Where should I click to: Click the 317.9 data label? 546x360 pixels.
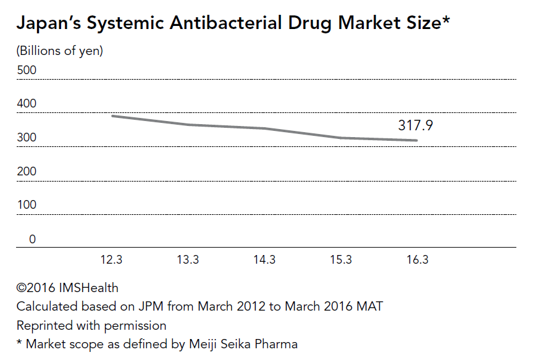click(x=415, y=126)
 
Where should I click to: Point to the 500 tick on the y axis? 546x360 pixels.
click(x=27, y=70)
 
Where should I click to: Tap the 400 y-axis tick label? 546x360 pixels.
click(x=27, y=104)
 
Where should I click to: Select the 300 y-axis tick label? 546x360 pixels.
click(x=27, y=138)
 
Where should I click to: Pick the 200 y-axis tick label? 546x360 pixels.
click(x=27, y=172)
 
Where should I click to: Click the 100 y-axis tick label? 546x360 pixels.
click(x=27, y=205)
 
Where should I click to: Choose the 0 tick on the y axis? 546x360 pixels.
click(x=32, y=240)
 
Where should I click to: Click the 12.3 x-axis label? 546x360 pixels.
click(x=111, y=260)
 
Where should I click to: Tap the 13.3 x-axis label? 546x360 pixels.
click(x=188, y=260)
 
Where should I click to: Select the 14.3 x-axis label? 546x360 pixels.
click(x=264, y=260)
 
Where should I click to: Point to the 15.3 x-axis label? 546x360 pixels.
click(x=341, y=260)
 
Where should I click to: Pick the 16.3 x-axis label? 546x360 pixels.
click(x=418, y=260)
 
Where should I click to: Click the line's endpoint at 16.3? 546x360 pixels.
click(x=418, y=141)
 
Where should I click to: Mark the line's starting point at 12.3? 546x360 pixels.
click(x=112, y=116)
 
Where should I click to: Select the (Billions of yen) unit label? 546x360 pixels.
click(x=60, y=51)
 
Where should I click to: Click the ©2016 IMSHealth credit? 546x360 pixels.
click(x=67, y=288)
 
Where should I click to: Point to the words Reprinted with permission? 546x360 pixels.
click(x=91, y=325)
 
